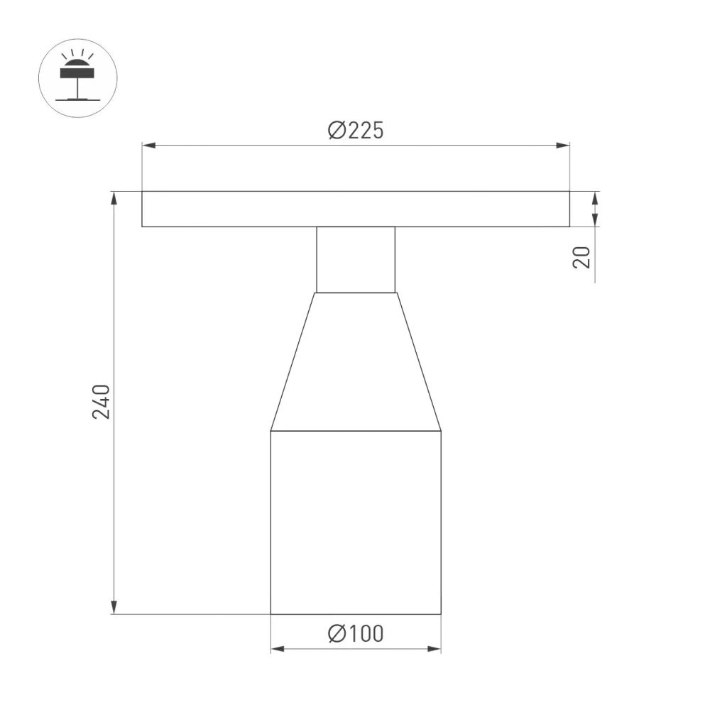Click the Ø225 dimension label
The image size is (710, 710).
coord(356,131)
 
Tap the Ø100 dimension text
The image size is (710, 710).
coord(356,633)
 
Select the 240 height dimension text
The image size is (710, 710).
coord(102,401)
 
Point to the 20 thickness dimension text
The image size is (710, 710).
coord(582,257)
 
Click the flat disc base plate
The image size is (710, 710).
coord(355,209)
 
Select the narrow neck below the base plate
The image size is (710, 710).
coord(356,259)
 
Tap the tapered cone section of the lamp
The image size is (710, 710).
coord(356,362)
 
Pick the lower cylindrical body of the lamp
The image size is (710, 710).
coord(356,522)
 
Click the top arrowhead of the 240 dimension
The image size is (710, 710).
coord(114,197)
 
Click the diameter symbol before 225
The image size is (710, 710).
coord(337,131)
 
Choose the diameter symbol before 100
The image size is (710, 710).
coord(337,633)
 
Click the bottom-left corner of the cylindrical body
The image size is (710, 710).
coord(271,613)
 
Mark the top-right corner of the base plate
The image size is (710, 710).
coord(569,191)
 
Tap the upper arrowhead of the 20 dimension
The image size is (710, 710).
coord(595,197)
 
